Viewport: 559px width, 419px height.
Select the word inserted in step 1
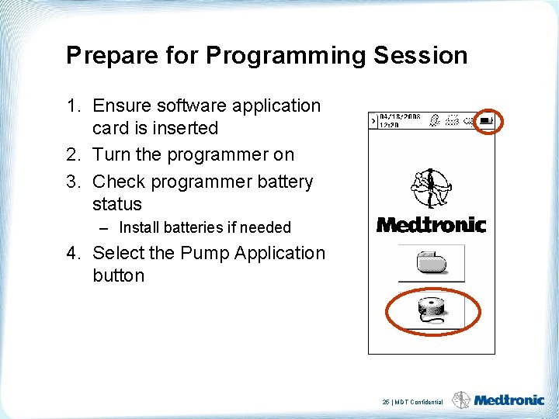[185, 128]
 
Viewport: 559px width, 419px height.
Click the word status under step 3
[117, 204]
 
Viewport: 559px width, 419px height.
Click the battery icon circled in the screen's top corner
[487, 120]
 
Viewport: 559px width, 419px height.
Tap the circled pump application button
[432, 311]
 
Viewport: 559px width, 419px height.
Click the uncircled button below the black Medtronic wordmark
[431, 263]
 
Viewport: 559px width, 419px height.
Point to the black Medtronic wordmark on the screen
[431, 225]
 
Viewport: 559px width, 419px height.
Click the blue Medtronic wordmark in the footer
[509, 400]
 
